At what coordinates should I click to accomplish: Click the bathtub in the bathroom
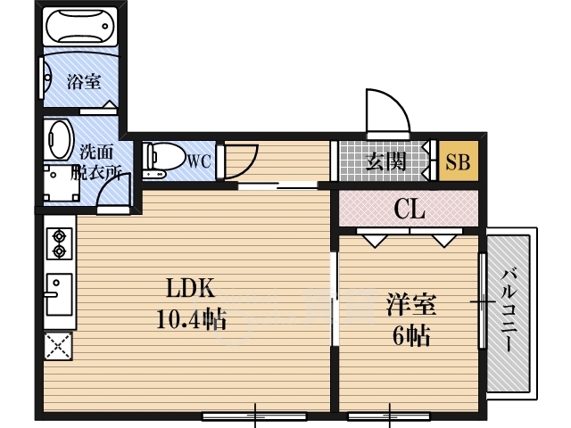tap(80, 26)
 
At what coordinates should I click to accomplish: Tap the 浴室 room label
tap(84, 81)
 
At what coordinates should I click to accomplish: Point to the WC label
tap(199, 160)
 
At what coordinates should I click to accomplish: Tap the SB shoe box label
tap(458, 162)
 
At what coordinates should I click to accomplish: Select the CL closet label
tap(410, 210)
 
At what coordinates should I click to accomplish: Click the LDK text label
tap(190, 288)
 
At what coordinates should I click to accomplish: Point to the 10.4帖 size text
tap(192, 319)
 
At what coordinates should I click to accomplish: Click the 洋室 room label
tap(411, 304)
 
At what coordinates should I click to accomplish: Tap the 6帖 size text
tap(411, 335)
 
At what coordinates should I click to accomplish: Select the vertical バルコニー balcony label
tap(509, 310)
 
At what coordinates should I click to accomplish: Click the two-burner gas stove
tap(60, 243)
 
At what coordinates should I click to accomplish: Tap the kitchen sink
tap(59, 294)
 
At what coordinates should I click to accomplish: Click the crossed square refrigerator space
tap(58, 346)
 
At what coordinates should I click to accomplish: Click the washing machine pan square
tap(62, 184)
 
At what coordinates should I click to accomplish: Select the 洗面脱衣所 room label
tap(96, 161)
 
